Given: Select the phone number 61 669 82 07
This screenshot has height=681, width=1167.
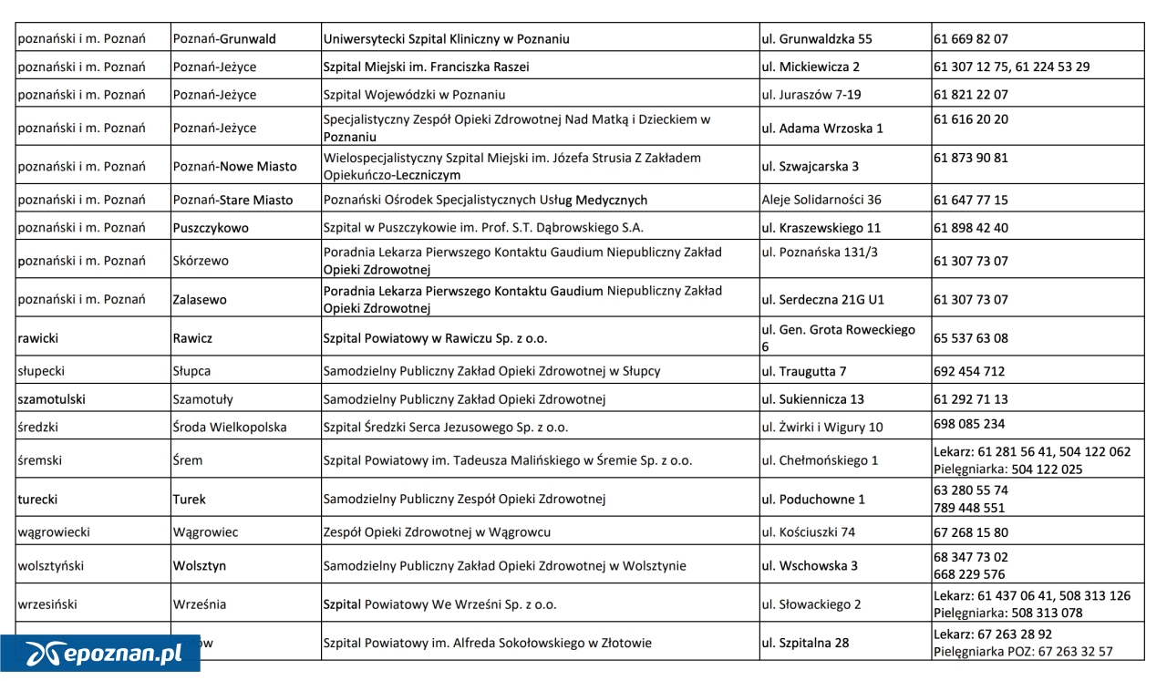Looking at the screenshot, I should (971, 39).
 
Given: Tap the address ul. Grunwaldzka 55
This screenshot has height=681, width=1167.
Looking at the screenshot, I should (816, 39).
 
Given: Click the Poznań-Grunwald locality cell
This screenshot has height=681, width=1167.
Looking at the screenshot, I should (224, 39).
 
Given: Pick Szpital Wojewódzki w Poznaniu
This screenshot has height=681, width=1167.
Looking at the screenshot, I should (414, 95).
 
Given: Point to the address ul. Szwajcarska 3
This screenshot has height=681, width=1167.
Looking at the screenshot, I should (810, 167).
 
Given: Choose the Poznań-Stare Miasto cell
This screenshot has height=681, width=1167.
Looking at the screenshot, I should (232, 200).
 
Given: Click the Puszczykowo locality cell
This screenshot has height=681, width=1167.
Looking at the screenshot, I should (210, 228).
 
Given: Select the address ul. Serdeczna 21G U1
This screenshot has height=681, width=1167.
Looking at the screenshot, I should (822, 299).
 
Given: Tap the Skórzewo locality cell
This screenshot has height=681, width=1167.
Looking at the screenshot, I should (201, 261).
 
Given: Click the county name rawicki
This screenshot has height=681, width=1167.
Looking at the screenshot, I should (38, 338).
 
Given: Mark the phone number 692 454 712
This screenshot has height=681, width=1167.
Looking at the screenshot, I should (969, 372).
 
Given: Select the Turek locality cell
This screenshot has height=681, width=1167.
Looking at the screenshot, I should (190, 500).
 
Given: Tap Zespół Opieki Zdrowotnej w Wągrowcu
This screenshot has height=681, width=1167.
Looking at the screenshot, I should (437, 532).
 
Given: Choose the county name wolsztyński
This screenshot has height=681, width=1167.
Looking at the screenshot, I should (51, 566).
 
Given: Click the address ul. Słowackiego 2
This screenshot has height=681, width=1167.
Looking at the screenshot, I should (811, 604).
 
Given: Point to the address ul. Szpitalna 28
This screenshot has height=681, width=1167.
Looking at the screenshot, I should (805, 643).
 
